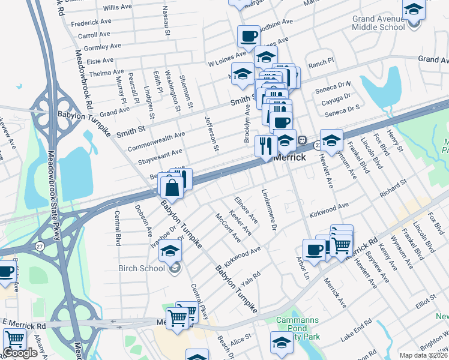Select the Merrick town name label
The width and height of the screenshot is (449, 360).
(290, 157)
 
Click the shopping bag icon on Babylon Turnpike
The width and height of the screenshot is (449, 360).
(172, 187)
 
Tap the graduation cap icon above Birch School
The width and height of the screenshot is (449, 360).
(170, 250)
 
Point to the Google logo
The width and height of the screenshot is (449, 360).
(20, 353)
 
